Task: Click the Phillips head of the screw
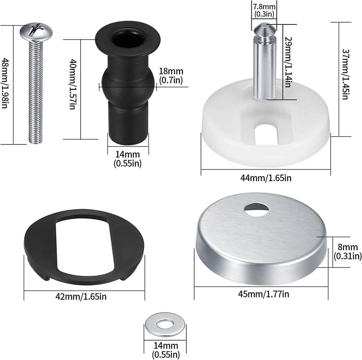click(x=36, y=31)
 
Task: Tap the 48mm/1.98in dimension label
click(x=5, y=84)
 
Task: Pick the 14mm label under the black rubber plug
click(x=128, y=159)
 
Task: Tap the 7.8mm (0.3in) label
click(x=264, y=10)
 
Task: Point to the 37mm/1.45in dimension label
click(x=345, y=74)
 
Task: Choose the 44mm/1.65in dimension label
click(x=266, y=178)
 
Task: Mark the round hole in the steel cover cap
click(x=256, y=209)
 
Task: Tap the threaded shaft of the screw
click(x=36, y=92)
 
